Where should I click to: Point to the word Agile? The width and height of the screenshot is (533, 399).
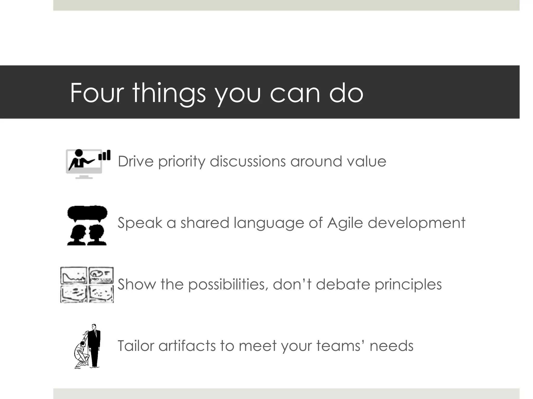(345, 223)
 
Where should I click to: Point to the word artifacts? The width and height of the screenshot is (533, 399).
(187, 346)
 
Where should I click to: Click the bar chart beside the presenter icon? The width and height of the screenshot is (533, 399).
(104, 155)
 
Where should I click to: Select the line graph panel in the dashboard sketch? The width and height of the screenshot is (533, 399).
(74, 276)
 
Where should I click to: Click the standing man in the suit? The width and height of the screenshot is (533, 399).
(94, 345)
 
